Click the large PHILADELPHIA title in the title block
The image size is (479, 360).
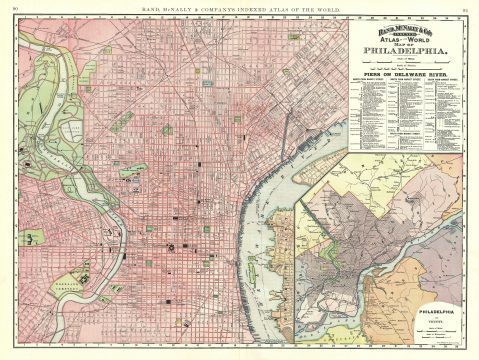(404, 49)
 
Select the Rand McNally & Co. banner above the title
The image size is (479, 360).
(404, 27)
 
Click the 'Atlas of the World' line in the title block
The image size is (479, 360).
(404, 38)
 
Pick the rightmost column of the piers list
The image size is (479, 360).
(443, 110)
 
